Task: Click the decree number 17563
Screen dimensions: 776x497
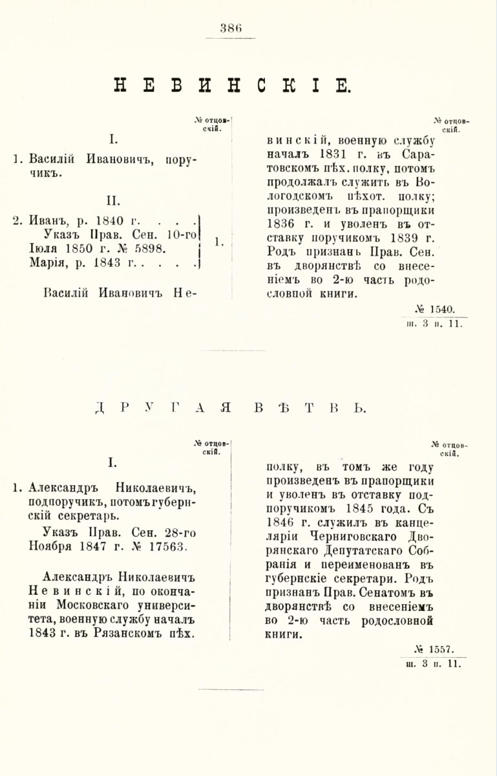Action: pos(164,547)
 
